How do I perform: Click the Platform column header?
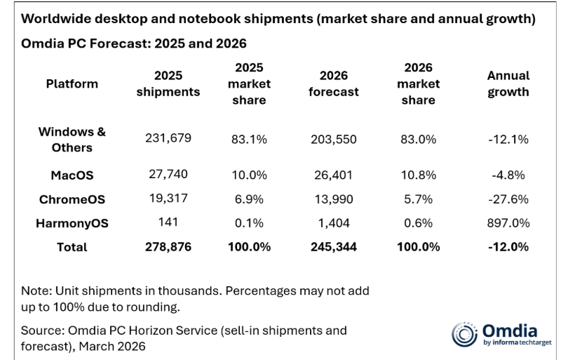tap(72, 84)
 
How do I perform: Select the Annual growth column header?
tap(508, 84)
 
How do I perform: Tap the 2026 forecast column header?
tap(334, 84)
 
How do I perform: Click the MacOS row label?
tap(72, 175)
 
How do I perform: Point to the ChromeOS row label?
tap(72, 199)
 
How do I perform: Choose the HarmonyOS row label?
tap(72, 222)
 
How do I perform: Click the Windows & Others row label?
tap(72, 139)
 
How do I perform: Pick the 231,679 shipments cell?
tap(168, 139)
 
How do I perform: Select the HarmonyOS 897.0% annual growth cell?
tap(508, 222)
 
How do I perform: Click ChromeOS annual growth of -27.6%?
tap(508, 199)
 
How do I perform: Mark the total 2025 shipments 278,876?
tap(168, 246)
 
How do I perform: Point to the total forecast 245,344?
tap(334, 246)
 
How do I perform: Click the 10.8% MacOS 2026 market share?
tap(419, 175)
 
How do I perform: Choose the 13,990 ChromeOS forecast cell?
tap(334, 199)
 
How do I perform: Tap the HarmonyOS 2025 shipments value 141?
tap(168, 222)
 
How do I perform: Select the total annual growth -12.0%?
tap(508, 246)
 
